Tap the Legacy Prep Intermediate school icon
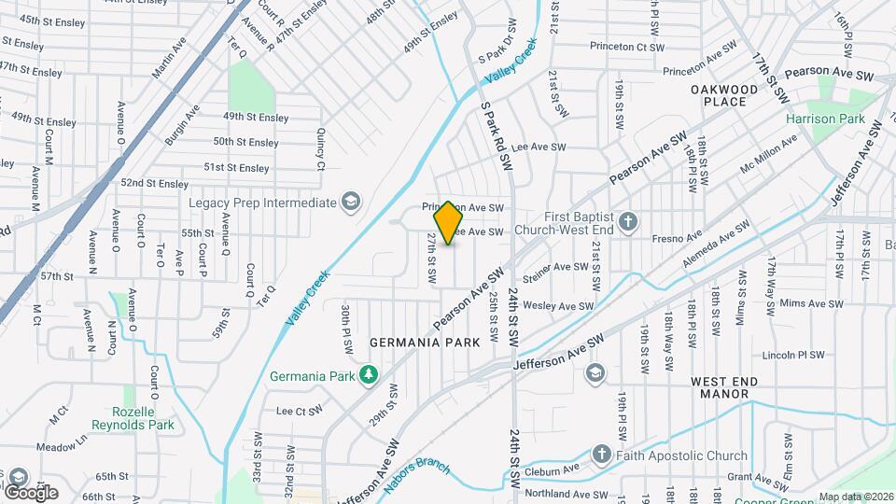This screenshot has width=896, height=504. (x=350, y=203)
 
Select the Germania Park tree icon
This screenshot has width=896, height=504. (x=370, y=376)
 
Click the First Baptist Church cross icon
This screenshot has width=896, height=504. (x=629, y=222)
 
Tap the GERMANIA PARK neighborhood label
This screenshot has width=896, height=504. (x=425, y=343)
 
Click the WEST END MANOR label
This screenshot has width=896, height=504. (x=733, y=388)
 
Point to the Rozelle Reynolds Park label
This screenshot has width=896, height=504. (x=133, y=418)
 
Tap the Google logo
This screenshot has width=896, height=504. (x=31, y=492)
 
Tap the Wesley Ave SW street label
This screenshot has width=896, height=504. (x=558, y=305)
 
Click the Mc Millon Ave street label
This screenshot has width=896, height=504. (x=769, y=154)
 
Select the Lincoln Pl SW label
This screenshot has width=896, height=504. (x=793, y=356)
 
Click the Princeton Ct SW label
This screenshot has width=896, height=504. (x=624, y=46)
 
